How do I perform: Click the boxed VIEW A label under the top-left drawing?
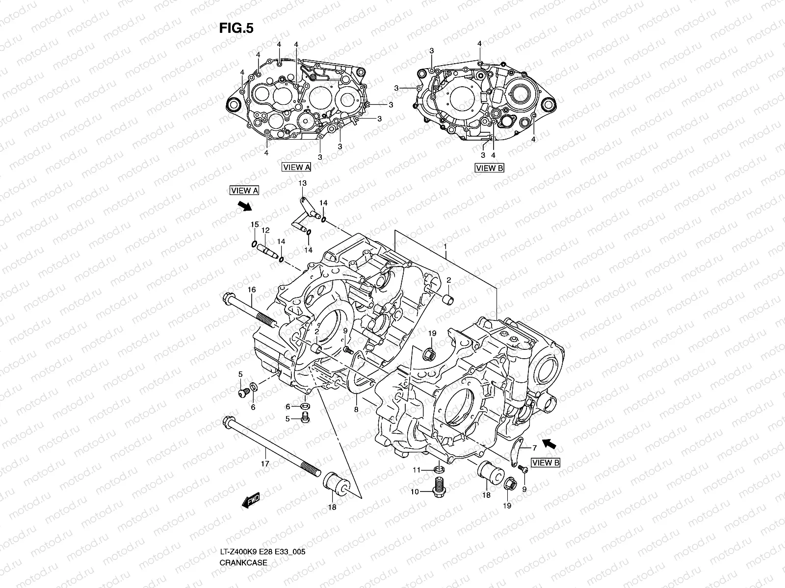pos(296,167)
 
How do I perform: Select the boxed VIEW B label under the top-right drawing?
pos(490,168)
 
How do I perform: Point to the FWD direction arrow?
pos(251,500)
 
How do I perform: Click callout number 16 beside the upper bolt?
pos(251,290)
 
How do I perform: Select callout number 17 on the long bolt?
pos(264,463)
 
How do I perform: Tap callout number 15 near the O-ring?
pos(254,224)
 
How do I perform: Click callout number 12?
pos(265,230)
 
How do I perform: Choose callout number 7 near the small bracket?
pos(534,447)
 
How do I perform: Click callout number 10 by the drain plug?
pos(415,491)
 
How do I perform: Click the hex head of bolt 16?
pos(229,297)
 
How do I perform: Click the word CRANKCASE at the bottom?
pos(244,535)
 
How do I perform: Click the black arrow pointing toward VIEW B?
pos(550,444)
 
